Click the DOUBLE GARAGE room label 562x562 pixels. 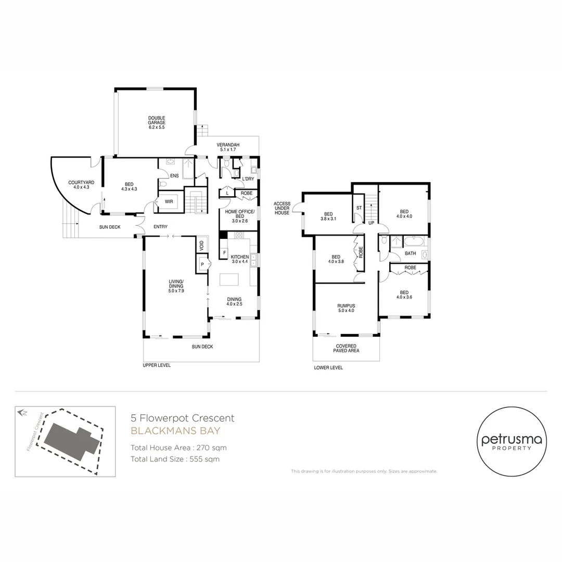(x=156, y=123)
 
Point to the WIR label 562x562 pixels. (x=169, y=201)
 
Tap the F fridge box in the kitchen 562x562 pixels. (x=224, y=253)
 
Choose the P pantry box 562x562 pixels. (x=202, y=265)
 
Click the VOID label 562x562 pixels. (x=201, y=244)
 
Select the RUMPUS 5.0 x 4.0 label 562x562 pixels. (x=346, y=308)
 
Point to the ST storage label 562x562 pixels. (x=359, y=208)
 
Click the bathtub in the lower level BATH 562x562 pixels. (x=415, y=242)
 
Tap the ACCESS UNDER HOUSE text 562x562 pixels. (x=282, y=208)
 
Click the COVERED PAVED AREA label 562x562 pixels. (x=346, y=348)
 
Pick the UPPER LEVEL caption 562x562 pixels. (x=157, y=365)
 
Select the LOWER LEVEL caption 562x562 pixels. (x=328, y=367)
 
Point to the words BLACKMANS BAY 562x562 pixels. (x=175, y=431)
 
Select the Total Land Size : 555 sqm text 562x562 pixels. (x=175, y=459)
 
